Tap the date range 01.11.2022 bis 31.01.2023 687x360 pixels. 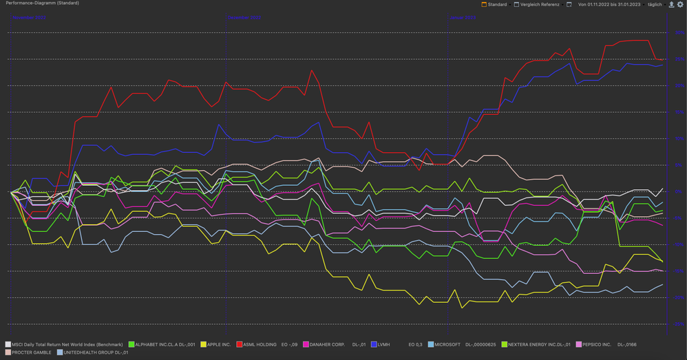coord(609,4)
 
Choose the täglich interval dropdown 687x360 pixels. coord(654,4)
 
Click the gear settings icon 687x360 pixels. coord(681,4)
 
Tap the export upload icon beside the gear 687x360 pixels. coord(672,4)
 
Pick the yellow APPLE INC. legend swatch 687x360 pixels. coord(203,344)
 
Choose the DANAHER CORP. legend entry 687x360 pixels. coord(327,344)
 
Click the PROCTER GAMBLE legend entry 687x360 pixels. coord(31,352)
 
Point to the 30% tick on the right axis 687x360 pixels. coord(679,33)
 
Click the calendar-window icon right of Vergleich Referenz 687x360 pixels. coord(569,4)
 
